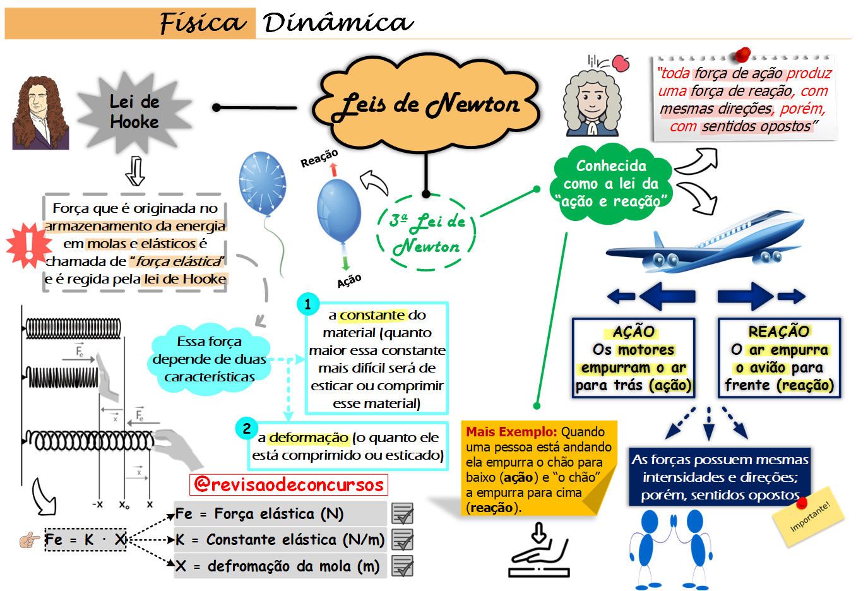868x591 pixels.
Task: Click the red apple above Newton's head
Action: (621, 63)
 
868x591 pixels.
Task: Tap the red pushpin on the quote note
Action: (743, 55)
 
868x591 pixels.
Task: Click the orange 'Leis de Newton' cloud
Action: (427, 104)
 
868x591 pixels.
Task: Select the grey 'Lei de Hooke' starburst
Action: (134, 112)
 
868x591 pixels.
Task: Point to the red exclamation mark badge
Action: (28, 244)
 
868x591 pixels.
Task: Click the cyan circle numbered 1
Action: (307, 304)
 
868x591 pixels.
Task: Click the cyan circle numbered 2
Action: (246, 428)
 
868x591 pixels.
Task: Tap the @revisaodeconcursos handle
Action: (288, 484)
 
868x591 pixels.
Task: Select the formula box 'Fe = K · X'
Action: (85, 540)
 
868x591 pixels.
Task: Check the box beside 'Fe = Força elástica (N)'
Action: (402, 514)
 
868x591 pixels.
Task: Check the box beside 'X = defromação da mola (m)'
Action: (402, 566)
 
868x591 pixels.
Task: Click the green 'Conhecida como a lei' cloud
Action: (611, 184)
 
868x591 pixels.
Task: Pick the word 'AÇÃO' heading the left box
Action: (634, 331)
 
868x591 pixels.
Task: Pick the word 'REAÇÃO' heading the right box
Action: (779, 331)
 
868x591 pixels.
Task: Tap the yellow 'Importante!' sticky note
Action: (809, 515)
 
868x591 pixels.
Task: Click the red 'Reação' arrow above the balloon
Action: (334, 170)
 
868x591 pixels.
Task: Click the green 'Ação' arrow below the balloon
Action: (345, 263)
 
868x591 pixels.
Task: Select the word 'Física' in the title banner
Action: (202, 23)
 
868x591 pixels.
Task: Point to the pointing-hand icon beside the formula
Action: (29, 540)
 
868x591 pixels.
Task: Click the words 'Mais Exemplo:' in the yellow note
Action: (511, 432)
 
